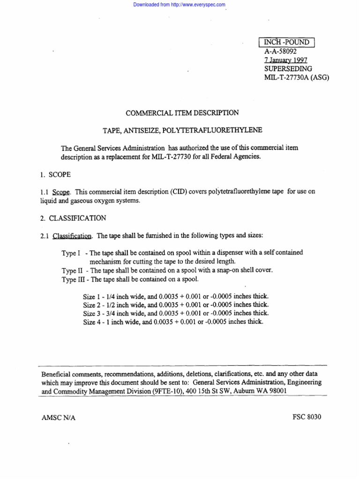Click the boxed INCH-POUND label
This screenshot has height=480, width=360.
287,42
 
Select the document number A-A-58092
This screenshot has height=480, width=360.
280,51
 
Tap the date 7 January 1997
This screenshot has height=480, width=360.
285,60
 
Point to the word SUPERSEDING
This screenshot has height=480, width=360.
288,68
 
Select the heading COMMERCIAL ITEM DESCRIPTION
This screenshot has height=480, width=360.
182,113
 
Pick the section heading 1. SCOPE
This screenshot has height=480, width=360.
55,174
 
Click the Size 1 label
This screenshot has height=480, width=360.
92,297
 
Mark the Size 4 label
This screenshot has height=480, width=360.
92,322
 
